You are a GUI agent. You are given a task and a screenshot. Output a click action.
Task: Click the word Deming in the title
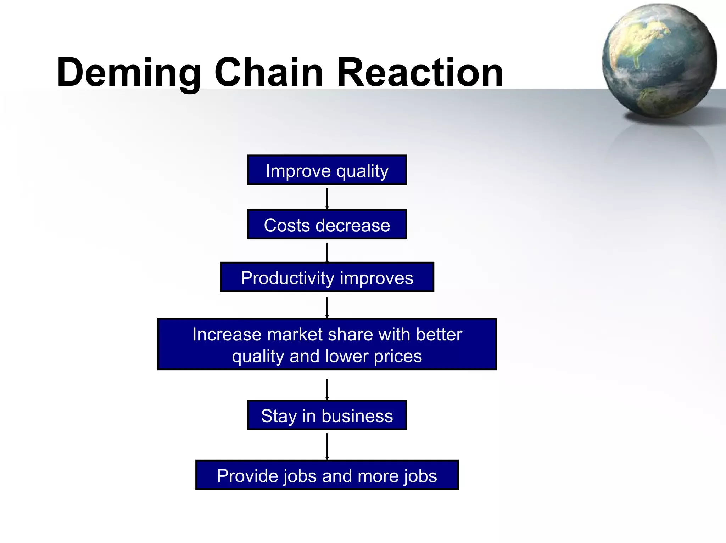(x=128, y=73)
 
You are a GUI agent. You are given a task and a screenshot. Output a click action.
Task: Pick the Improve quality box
(x=327, y=170)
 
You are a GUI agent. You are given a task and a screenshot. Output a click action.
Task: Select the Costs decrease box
(x=327, y=225)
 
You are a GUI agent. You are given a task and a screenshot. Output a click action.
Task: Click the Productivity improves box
(x=327, y=277)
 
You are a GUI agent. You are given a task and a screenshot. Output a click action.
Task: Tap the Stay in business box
(x=327, y=415)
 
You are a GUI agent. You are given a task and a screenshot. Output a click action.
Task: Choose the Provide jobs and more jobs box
(x=327, y=475)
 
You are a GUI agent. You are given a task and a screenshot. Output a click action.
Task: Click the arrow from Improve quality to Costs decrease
(x=327, y=198)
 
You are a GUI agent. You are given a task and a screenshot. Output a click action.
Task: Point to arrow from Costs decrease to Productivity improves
(x=327, y=252)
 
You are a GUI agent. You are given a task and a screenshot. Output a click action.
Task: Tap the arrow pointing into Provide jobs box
(x=327, y=446)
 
